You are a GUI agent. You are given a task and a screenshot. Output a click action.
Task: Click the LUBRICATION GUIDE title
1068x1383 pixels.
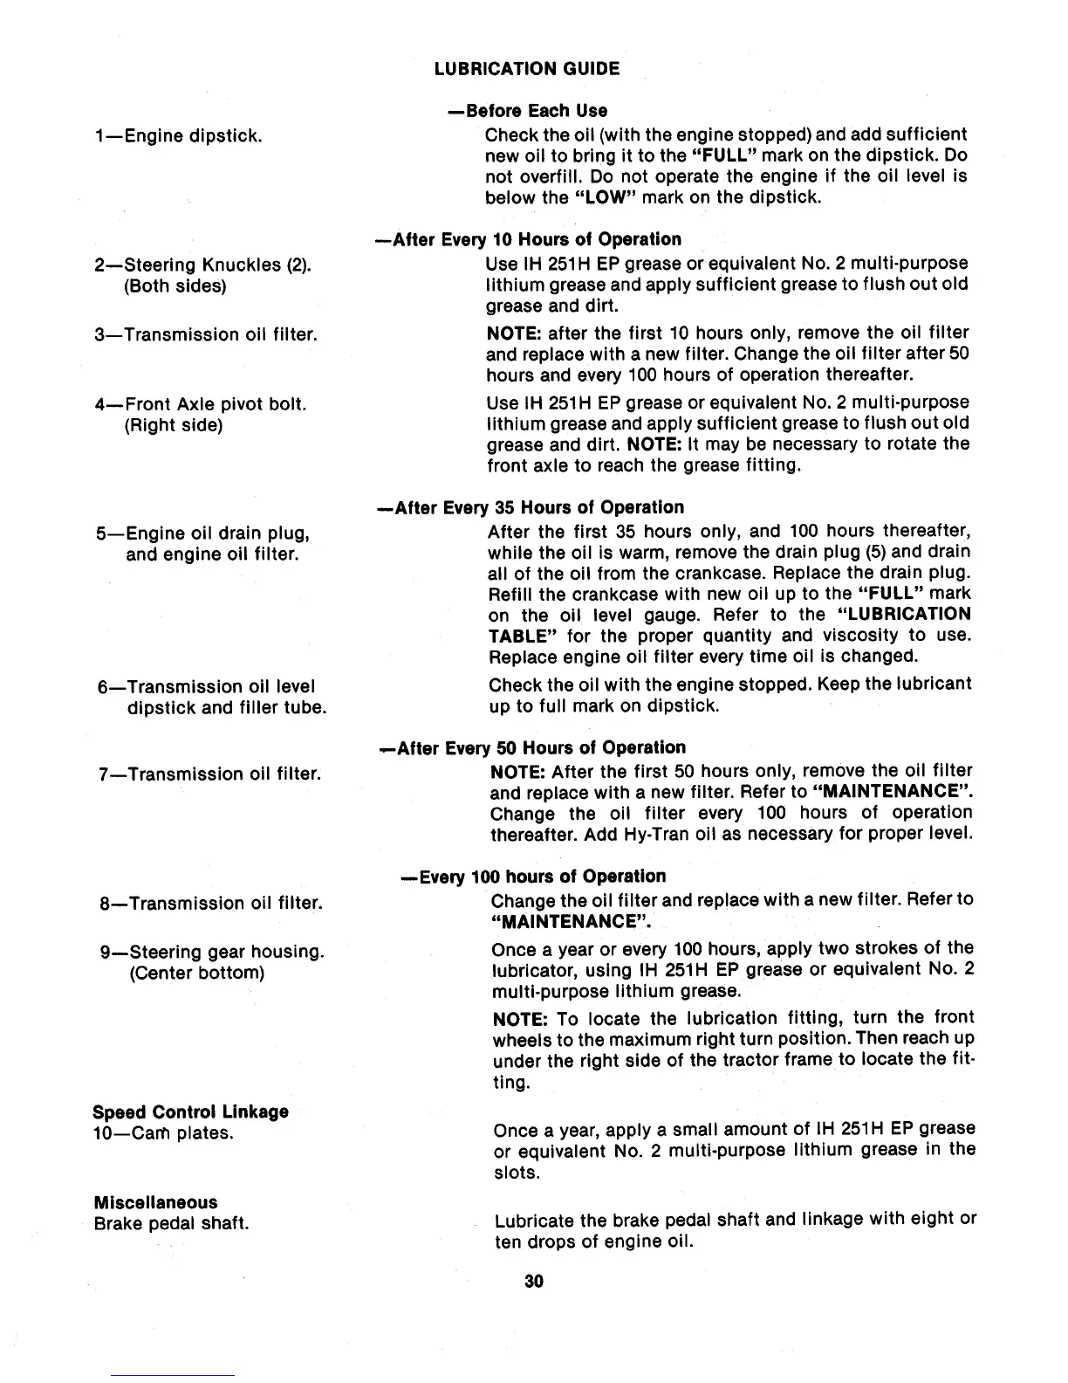click(x=527, y=69)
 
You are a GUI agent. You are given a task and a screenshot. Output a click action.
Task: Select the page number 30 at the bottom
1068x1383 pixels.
click(x=534, y=1281)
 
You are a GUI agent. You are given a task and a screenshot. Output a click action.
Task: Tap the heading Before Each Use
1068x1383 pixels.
click(x=526, y=111)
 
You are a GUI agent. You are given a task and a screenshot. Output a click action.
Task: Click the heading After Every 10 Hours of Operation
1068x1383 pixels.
click(x=528, y=239)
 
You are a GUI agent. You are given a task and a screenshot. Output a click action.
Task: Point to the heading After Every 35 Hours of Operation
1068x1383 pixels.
click(x=529, y=507)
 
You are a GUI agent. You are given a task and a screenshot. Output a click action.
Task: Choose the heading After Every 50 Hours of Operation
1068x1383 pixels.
click(x=531, y=747)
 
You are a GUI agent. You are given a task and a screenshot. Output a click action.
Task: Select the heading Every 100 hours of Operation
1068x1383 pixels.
click(x=532, y=876)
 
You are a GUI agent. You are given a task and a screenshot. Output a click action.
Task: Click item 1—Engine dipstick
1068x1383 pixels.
click(x=179, y=135)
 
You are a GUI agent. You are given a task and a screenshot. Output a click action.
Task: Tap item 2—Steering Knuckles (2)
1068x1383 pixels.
click(x=202, y=265)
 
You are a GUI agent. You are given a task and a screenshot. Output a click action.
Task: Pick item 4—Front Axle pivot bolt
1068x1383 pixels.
click(x=200, y=404)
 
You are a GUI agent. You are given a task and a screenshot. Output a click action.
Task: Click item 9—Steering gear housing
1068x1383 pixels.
click(x=212, y=951)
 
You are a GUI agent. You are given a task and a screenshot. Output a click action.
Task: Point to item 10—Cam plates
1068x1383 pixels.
click(x=162, y=1133)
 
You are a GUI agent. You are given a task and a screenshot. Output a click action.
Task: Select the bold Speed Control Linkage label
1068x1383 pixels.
click(x=190, y=1112)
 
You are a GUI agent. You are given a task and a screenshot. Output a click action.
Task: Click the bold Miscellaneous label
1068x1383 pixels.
click(x=155, y=1202)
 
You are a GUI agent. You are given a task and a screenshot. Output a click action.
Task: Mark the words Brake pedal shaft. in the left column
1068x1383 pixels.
click(x=171, y=1223)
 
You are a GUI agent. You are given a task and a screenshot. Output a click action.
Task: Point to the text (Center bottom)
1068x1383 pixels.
click(x=196, y=972)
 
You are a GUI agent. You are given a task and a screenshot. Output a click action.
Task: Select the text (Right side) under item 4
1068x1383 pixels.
click(x=175, y=425)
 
